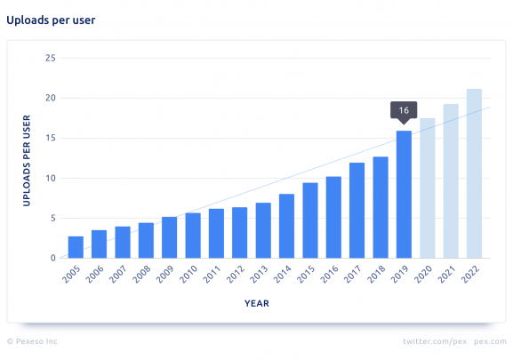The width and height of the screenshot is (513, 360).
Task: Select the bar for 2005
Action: click(x=76, y=247)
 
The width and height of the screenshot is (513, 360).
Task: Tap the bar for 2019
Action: click(x=404, y=195)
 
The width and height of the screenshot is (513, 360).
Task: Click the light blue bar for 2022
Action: click(x=474, y=174)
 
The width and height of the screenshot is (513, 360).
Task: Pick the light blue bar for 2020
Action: click(x=428, y=188)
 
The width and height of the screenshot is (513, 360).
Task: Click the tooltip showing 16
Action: click(x=404, y=110)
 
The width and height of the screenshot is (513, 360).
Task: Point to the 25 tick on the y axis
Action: click(x=51, y=59)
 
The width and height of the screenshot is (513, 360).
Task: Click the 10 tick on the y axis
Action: click(x=51, y=179)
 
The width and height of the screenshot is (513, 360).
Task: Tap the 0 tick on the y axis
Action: click(x=53, y=259)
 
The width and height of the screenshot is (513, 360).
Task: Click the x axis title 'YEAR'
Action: click(x=256, y=303)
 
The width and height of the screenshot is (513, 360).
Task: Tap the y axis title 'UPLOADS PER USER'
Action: click(x=27, y=159)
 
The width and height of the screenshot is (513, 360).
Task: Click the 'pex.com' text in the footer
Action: click(x=490, y=340)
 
